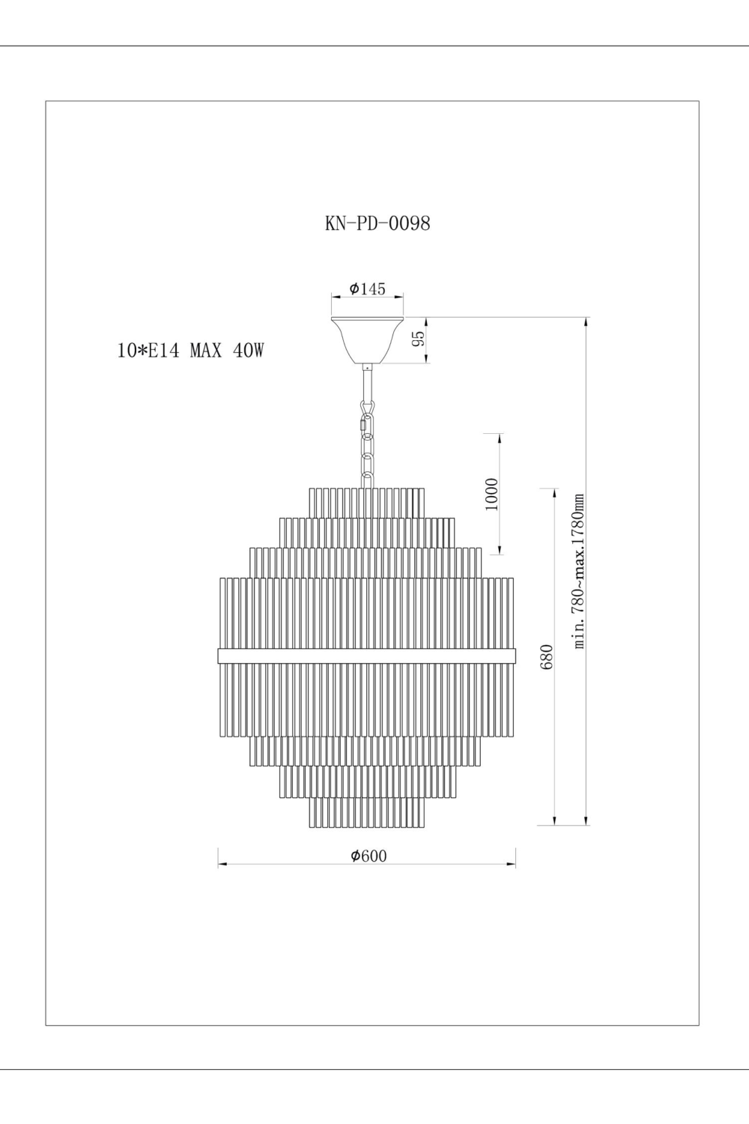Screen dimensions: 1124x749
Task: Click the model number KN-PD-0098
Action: [x=377, y=223]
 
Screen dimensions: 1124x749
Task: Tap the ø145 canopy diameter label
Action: [x=367, y=289]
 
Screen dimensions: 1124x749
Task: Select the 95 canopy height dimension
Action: [x=421, y=338]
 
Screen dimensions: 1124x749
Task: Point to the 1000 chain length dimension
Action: [x=491, y=494]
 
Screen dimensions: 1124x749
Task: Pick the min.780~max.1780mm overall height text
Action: [x=578, y=572]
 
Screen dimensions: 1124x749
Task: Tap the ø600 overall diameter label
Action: [x=369, y=856]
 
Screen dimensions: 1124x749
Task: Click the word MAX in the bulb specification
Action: [x=206, y=350]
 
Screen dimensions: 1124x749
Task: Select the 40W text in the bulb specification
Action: [x=249, y=350]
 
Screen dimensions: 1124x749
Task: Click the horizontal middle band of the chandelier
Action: [x=367, y=656]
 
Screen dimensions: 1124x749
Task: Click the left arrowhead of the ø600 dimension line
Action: [x=222, y=865]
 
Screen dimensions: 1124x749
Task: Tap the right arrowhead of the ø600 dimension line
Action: [x=512, y=865]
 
